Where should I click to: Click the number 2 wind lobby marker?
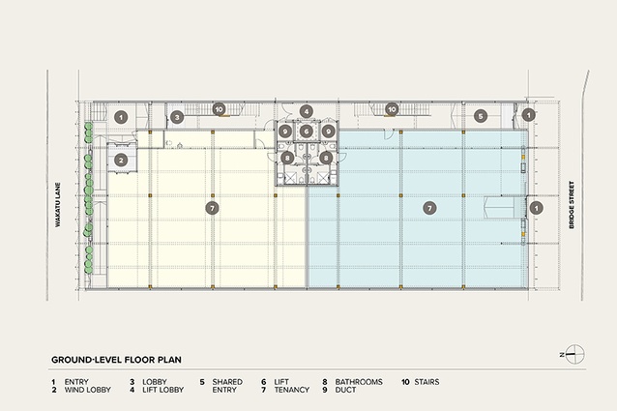tap(121, 161)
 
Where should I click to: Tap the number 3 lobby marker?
tap(177, 117)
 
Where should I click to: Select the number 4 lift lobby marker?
tap(307, 111)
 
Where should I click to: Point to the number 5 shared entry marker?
tap(481, 116)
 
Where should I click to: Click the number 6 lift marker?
tap(307, 132)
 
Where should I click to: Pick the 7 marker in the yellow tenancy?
tap(213, 208)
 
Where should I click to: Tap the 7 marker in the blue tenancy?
tap(429, 208)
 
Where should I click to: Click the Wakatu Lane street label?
tap(58, 204)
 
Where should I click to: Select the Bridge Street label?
tap(572, 204)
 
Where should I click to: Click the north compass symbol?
tap(574, 354)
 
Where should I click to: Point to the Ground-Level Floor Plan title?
tap(116, 360)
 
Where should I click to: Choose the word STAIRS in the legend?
tap(426, 382)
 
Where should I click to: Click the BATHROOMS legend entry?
tap(359, 382)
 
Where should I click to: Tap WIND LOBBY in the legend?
tap(88, 390)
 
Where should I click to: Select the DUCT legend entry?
tap(345, 390)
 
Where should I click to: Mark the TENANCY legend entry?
tap(292, 390)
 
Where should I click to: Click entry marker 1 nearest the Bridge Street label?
tap(537, 208)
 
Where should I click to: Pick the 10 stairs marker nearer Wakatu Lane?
tap(220, 109)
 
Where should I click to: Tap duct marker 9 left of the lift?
tap(285, 132)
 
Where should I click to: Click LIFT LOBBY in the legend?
tap(162, 390)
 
